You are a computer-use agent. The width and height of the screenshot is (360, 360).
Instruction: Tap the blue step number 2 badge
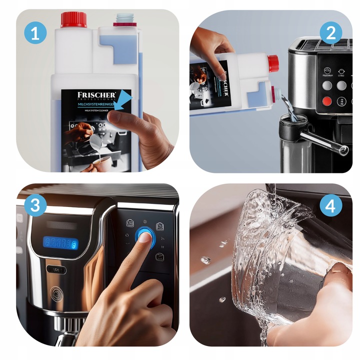pos(330,33)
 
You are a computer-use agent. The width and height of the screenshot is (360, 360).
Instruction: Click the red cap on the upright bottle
pos(74,19)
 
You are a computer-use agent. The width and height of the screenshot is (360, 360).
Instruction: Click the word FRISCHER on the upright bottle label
pos(96,95)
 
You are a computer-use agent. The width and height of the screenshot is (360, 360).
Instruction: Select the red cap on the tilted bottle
pos(273,63)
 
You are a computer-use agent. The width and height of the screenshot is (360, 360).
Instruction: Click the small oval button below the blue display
pos(56,269)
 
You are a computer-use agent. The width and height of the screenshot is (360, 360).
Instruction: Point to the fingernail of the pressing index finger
pos(145,238)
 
